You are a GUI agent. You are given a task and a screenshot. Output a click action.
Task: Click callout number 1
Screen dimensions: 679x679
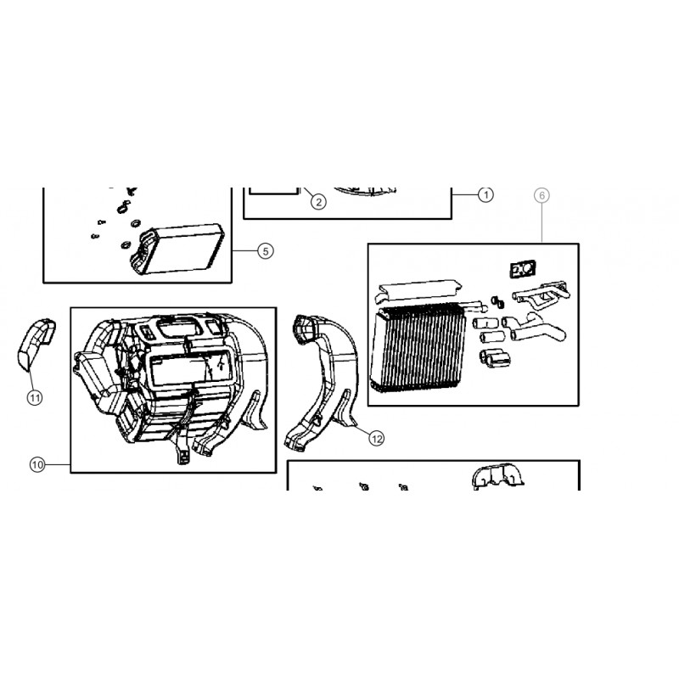[x=485, y=195]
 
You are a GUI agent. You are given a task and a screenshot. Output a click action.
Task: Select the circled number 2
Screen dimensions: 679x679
[x=319, y=202]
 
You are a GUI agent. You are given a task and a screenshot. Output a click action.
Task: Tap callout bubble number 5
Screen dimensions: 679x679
[x=266, y=251]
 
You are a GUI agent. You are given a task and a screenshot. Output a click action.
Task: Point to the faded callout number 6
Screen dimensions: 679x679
[x=542, y=196]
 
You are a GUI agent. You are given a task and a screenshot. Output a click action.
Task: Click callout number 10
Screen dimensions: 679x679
[x=37, y=464]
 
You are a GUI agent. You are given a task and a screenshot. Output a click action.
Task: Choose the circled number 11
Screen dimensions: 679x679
[x=35, y=397]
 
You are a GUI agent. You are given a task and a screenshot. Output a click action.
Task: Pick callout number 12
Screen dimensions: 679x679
[x=376, y=439]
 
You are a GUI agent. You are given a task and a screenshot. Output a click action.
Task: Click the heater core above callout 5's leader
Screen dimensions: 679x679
[x=177, y=249]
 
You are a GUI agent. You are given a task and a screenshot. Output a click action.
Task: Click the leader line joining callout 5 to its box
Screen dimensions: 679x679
[x=245, y=251]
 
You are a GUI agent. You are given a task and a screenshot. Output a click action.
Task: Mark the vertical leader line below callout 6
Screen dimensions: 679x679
[x=542, y=223]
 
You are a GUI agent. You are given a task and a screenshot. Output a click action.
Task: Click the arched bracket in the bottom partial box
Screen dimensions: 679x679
[x=498, y=477]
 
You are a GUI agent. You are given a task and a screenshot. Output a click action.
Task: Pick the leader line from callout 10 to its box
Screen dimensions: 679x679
[x=58, y=464]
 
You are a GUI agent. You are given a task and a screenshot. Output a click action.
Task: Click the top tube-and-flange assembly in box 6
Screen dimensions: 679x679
[x=542, y=295]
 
